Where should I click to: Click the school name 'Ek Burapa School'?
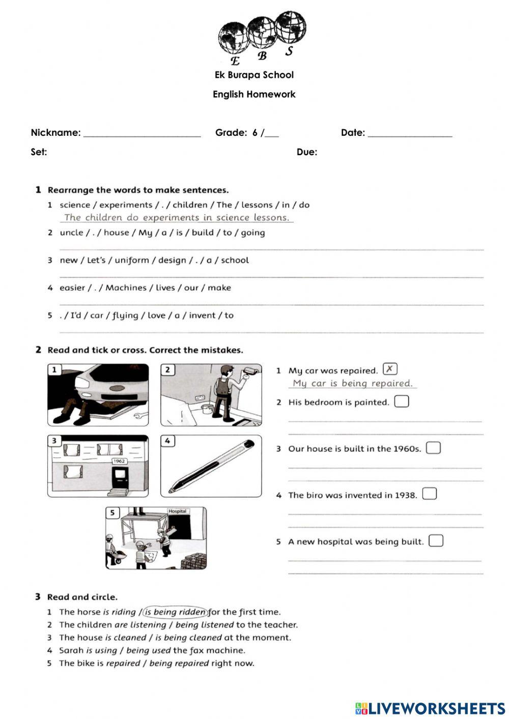pyautogui.click(x=254, y=75)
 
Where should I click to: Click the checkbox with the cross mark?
pyautogui.click(x=390, y=369)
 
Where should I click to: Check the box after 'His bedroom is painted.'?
pyautogui.click(x=402, y=401)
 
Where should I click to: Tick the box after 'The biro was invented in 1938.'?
pyautogui.click(x=430, y=494)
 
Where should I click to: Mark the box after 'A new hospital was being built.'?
pyautogui.click(x=436, y=540)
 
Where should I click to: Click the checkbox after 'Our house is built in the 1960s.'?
pyautogui.click(x=433, y=448)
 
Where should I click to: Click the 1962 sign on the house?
pyautogui.click(x=119, y=461)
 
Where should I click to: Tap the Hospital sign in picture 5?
pyautogui.click(x=177, y=511)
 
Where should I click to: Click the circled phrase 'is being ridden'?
pyautogui.click(x=176, y=612)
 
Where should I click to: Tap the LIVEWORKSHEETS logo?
pyautogui.click(x=430, y=708)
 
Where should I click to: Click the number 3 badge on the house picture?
pyautogui.click(x=54, y=441)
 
